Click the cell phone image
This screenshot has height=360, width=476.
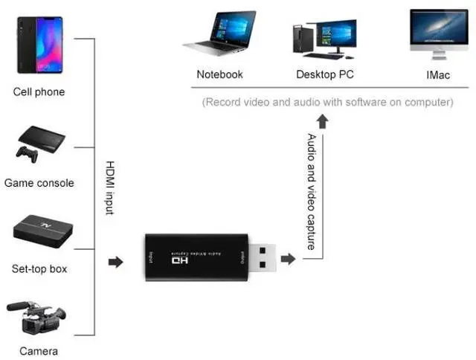(x=39, y=45)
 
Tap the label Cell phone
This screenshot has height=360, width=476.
(x=39, y=92)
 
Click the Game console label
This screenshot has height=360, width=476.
(x=39, y=183)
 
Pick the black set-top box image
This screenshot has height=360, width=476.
(x=43, y=231)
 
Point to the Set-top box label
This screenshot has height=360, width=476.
(x=39, y=269)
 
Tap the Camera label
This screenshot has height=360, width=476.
(x=39, y=351)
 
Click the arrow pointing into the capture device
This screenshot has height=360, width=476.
(x=116, y=262)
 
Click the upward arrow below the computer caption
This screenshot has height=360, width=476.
(x=322, y=122)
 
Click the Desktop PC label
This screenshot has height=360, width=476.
(x=325, y=74)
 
